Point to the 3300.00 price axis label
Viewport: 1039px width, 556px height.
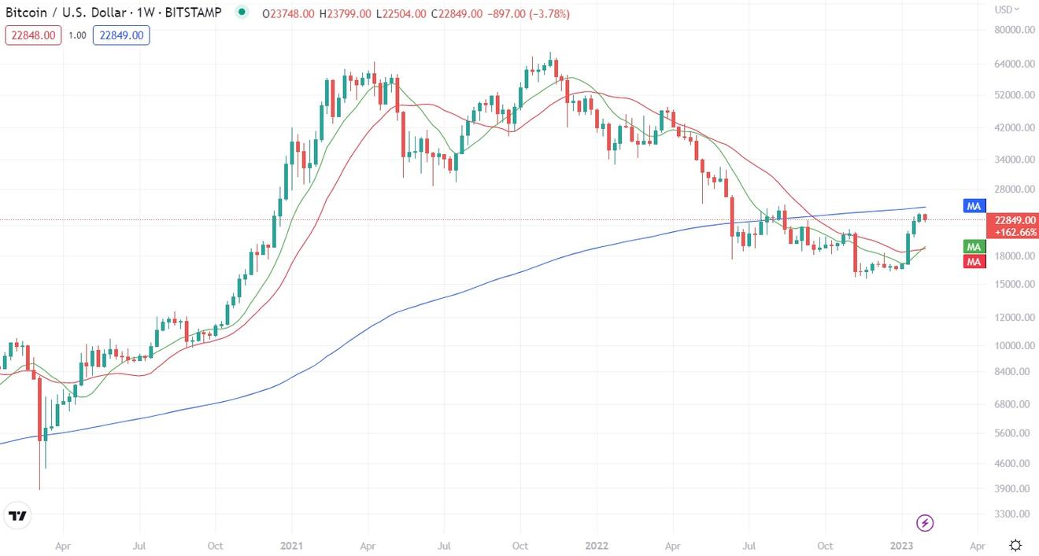1013,514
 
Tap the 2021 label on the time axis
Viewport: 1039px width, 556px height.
292,545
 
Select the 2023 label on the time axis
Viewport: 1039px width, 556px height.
901,545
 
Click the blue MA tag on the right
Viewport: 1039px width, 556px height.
974,206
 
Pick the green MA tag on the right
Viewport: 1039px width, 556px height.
974,247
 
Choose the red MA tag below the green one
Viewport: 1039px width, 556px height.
974,261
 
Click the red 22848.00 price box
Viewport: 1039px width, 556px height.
33,35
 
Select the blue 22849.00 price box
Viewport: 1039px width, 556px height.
120,35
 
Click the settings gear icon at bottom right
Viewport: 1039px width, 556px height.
1015,545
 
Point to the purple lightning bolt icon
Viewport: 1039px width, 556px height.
926,523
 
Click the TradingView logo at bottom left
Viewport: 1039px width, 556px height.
17,517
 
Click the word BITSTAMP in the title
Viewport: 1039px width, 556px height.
195,13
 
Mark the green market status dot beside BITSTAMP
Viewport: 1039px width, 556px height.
242,13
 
